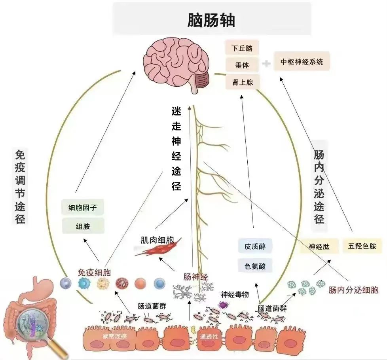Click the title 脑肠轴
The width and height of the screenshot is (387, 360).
click(211, 20)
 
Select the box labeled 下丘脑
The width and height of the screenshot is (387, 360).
click(242, 48)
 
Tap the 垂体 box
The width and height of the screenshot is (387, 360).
click(242, 65)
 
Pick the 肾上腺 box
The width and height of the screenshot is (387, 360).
click(242, 82)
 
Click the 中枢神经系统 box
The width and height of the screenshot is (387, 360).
click(302, 62)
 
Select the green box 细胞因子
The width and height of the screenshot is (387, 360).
click(83, 207)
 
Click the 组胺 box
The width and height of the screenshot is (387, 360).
click(83, 227)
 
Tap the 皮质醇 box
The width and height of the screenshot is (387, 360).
click(255, 246)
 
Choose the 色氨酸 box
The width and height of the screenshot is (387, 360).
click(255, 266)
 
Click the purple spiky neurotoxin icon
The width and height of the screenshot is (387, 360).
click(223, 304)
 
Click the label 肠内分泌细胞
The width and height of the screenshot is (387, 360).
click(353, 290)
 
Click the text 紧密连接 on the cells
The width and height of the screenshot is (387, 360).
click(114, 336)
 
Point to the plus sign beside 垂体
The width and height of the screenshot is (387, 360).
click(267, 63)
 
